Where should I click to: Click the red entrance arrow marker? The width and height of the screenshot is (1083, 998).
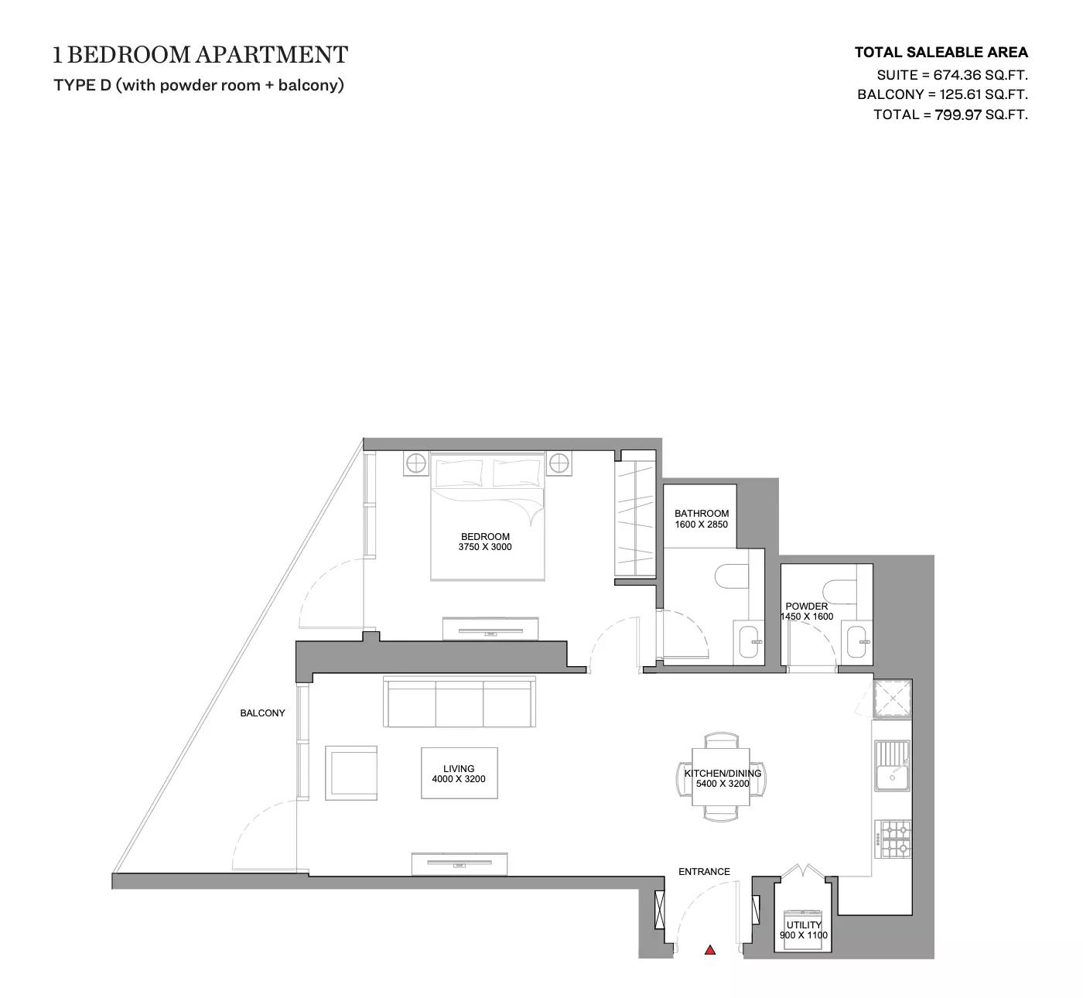point(710,950)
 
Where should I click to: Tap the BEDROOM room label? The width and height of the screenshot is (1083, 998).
point(485,536)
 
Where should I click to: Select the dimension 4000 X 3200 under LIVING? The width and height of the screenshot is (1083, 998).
point(459,779)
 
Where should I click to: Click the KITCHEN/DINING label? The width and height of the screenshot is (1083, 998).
point(723,773)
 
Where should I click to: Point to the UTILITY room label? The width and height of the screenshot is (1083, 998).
point(804,925)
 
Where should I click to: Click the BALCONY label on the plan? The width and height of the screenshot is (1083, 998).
point(262,713)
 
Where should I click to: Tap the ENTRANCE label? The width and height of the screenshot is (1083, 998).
point(704,872)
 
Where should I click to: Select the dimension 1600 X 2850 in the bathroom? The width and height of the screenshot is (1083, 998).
point(702,525)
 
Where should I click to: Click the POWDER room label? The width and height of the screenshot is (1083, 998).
point(806,607)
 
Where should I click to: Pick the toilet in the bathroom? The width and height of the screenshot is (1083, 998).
point(731,576)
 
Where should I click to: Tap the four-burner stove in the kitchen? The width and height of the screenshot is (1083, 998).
point(893,839)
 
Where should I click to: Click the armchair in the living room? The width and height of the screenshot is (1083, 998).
point(352,773)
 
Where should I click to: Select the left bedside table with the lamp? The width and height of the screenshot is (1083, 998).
point(415,464)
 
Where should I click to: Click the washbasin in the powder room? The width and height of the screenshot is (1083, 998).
point(858,641)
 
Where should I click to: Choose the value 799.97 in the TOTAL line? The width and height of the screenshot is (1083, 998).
point(958,114)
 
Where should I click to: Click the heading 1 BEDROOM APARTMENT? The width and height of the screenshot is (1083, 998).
point(200,55)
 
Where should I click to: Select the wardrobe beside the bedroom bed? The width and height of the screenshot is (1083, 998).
point(634,514)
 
